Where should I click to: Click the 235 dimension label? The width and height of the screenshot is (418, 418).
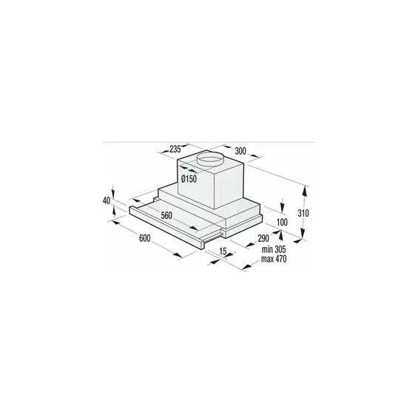175,149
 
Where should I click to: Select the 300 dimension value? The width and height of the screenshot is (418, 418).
240,151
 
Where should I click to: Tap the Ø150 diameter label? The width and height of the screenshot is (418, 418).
189,178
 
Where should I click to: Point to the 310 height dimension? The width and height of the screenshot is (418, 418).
303,213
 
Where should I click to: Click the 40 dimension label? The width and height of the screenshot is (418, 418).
107,200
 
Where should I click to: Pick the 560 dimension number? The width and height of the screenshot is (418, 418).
166,215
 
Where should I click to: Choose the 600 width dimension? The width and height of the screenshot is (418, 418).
145,238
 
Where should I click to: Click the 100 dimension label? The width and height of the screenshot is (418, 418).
282,222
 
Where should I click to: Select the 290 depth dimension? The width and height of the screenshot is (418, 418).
263,238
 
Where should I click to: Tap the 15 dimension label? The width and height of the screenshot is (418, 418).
223,251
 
